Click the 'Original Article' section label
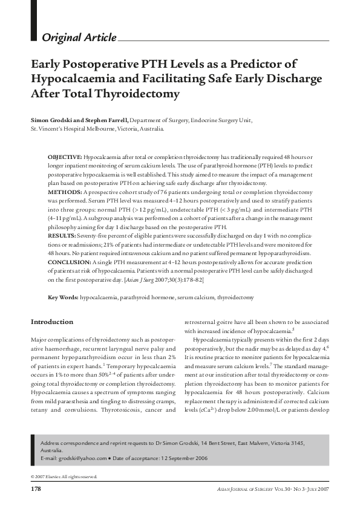click(79, 37)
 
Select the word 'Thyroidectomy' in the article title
click(141, 94)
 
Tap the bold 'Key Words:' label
click(63, 297)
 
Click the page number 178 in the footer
click(36, 488)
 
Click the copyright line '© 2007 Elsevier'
click(63, 476)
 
